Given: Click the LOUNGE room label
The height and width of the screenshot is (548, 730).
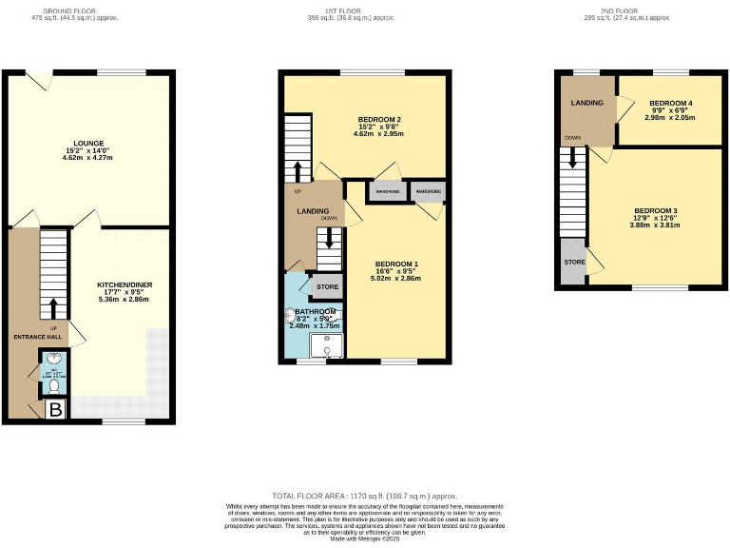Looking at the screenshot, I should click(87, 143).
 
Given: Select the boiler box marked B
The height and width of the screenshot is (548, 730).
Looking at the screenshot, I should click(55, 410).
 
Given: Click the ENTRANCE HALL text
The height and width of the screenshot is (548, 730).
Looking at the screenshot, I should click(37, 337).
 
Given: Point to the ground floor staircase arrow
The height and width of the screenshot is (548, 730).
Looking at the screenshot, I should click(53, 307).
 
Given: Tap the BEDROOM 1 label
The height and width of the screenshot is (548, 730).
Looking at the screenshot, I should click(396, 264).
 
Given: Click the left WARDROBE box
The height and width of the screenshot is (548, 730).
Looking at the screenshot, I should click(387, 191).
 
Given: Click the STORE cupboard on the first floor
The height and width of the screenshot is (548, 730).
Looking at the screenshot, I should click(327, 285).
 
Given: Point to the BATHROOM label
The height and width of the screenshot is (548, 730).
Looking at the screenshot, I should click(314, 312).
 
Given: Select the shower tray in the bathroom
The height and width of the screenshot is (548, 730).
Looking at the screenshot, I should click(332, 346).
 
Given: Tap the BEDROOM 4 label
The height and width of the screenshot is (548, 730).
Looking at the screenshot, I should click(670, 103).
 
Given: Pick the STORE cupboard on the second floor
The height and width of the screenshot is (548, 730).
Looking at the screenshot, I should click(574, 262).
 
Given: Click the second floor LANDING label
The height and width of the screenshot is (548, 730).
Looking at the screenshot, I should click(586, 103).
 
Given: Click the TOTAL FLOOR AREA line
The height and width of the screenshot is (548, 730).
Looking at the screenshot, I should click(365, 497).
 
